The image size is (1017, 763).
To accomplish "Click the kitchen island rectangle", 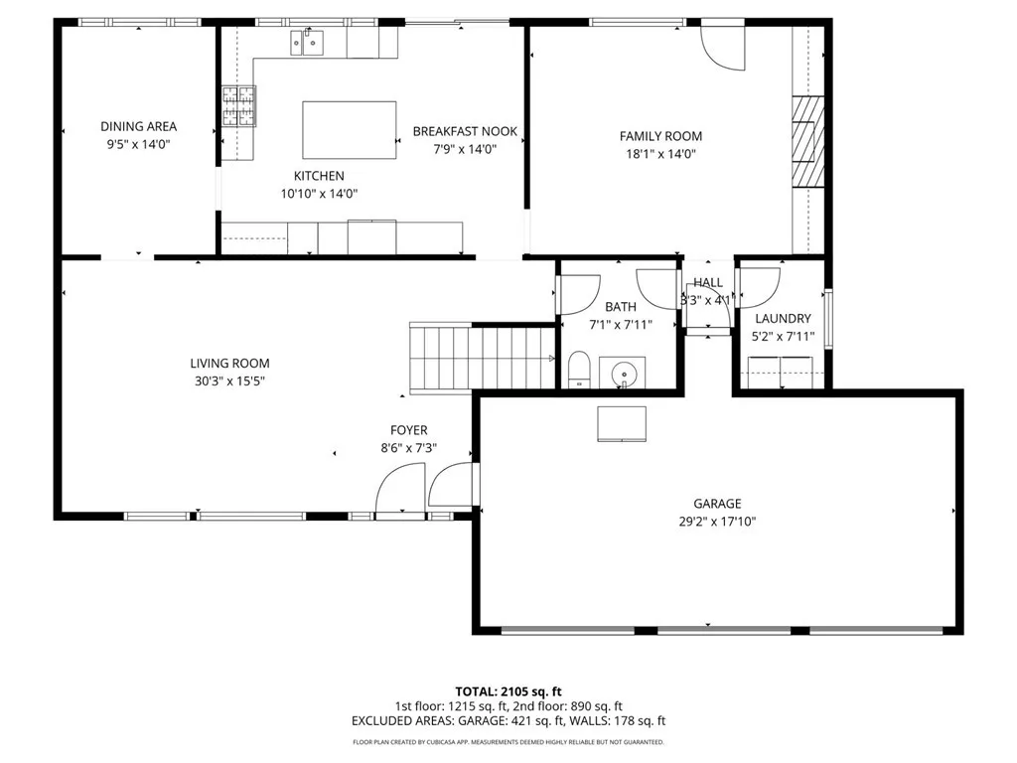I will (x=349, y=129).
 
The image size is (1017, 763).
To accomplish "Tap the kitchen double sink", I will (x=307, y=42).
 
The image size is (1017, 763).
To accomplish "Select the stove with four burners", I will (x=237, y=107).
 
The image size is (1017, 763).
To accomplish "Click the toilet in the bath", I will (x=579, y=370).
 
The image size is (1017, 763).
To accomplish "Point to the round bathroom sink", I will (x=624, y=374).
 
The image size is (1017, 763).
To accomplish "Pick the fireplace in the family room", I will (x=807, y=140).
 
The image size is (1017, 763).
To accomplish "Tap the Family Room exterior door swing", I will (x=721, y=47).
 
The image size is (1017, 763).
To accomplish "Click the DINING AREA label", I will (x=138, y=126).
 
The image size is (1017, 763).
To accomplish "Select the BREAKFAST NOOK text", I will (x=465, y=131).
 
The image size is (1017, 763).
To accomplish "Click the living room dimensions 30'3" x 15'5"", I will (x=229, y=381).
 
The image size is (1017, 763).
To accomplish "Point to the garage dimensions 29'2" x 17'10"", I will (x=717, y=521).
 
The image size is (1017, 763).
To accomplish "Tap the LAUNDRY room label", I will (x=783, y=319).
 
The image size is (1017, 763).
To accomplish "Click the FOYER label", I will (x=408, y=430).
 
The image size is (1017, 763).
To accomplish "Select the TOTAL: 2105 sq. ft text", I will (x=508, y=691).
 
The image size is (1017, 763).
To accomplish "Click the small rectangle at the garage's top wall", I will (x=621, y=422).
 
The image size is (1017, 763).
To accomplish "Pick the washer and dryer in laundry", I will (x=781, y=379).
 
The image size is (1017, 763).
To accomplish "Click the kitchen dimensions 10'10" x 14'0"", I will (x=318, y=194).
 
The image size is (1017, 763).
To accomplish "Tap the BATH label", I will (x=621, y=307).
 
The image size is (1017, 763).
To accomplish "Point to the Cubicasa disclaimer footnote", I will (x=508, y=742).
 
